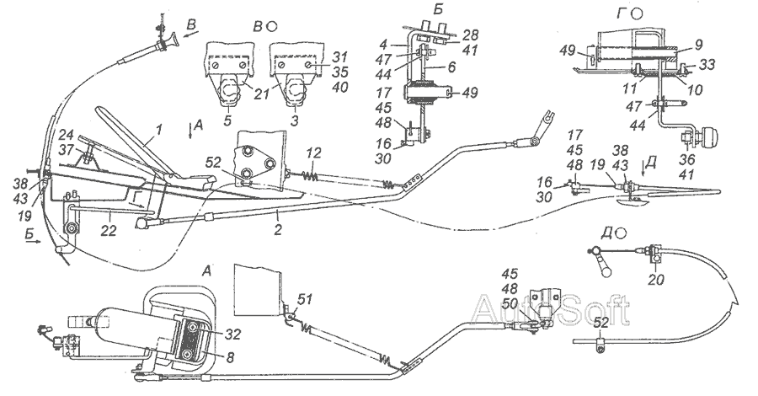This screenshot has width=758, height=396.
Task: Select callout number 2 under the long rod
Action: pos(277,229)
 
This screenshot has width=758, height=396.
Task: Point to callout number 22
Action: pos(109,231)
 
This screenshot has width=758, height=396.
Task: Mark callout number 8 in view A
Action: pos(230,358)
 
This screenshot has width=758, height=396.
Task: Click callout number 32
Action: pos(232,335)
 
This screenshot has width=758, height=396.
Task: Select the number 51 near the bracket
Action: pos(305,301)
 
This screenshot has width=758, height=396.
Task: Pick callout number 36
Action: pos(687,160)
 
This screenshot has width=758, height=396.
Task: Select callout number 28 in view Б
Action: pos(470,35)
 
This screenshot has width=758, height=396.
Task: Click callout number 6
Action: pos(451,67)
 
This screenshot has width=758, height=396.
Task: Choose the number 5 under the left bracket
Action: pos(228,120)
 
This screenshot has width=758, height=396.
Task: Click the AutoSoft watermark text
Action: pos(550,308)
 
